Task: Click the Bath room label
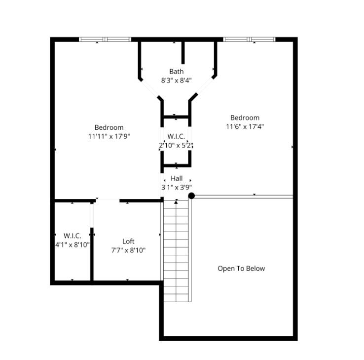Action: click(176, 72)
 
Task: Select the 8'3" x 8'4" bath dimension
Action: click(176, 80)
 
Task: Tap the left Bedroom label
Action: click(109, 127)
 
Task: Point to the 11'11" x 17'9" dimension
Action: click(109, 136)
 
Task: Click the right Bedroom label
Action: click(245, 118)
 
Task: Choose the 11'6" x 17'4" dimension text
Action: click(245, 126)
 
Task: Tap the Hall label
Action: click(177, 178)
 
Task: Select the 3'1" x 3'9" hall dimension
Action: click(177, 187)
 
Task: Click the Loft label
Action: click(128, 241)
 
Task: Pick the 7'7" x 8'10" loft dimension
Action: click(128, 250)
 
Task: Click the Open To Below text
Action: click(241, 269)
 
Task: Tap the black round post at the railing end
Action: click(191, 196)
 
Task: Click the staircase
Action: click(176, 252)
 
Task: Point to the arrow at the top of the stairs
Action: click(176, 201)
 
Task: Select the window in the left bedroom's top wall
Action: click(105, 39)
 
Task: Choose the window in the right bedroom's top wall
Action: click(249, 39)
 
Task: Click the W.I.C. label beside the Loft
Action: click(72, 236)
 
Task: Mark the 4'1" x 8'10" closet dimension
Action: click(72, 244)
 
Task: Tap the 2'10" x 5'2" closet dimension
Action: click(176, 146)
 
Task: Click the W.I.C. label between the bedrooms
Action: click(176, 136)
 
